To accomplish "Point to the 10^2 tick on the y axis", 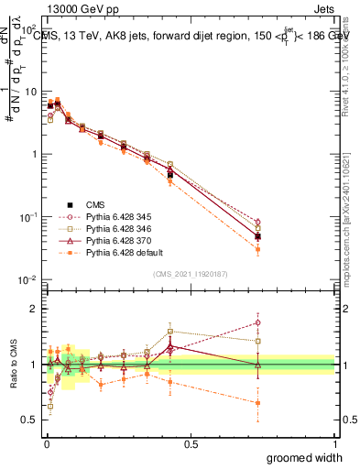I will (30, 30).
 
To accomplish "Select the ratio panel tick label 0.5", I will (31, 420).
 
